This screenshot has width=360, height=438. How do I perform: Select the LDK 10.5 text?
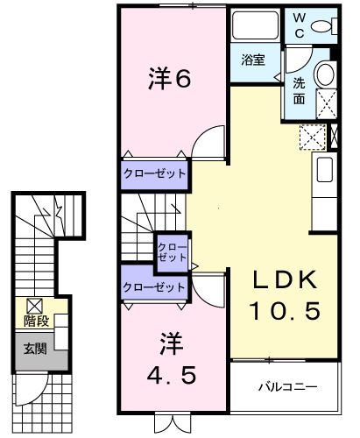coord(282,295)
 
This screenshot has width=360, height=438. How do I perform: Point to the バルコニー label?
coord(286,386)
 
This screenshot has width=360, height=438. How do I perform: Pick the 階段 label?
coord(36,321)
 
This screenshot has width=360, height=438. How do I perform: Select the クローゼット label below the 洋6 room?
coord(154,173)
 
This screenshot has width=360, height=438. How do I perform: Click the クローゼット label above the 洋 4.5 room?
coord(154,286)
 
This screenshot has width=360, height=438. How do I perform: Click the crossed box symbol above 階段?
coord(34,306)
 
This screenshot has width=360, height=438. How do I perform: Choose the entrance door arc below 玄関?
coord(35,385)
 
